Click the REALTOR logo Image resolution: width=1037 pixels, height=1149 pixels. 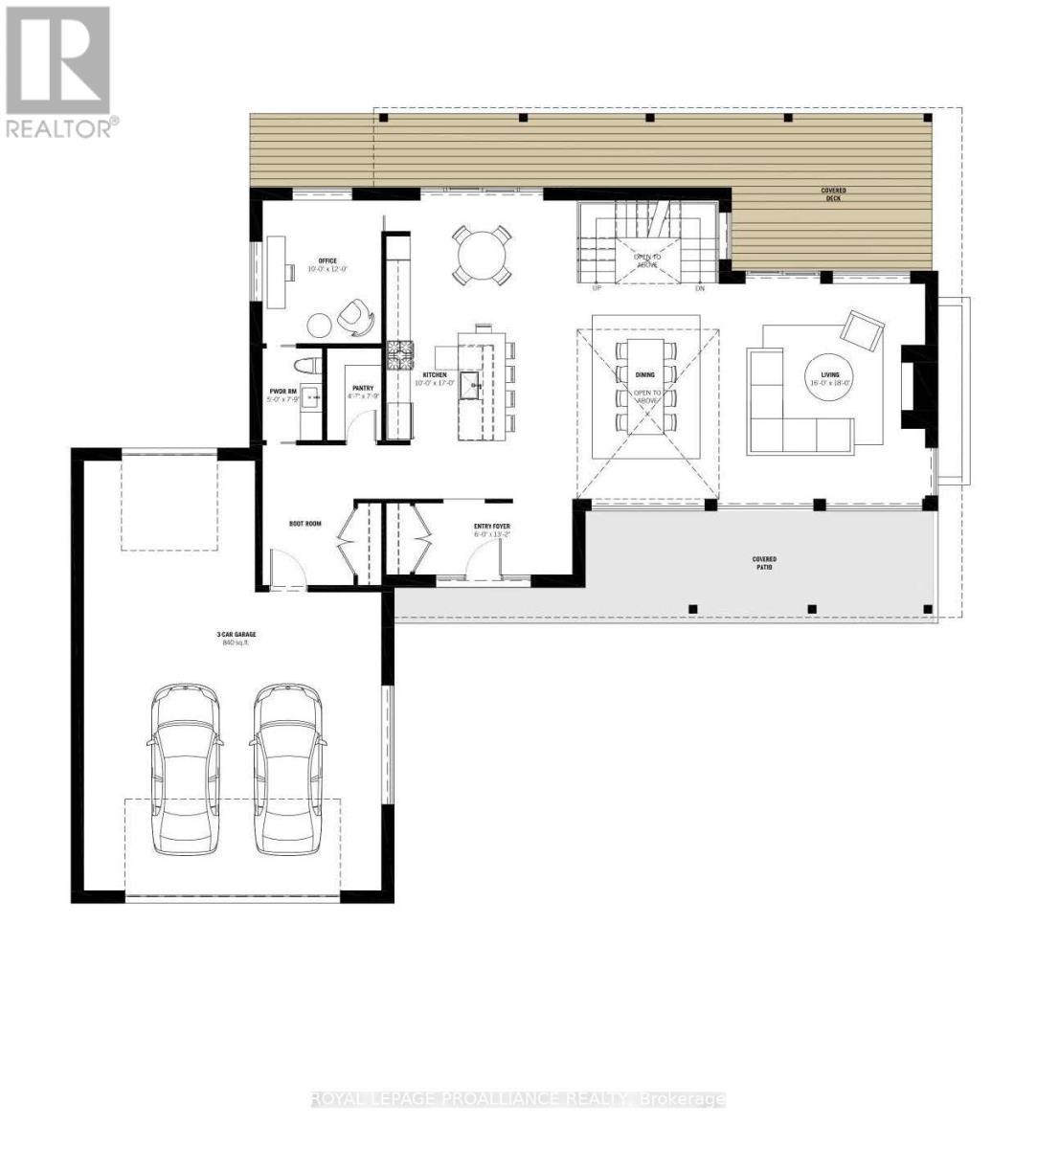pyautogui.click(x=59, y=72)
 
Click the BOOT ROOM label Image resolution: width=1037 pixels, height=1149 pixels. pyautogui.click(x=304, y=524)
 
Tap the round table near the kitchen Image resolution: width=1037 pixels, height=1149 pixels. pyautogui.click(x=483, y=255)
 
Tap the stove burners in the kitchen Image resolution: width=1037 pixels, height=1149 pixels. pyautogui.click(x=398, y=355)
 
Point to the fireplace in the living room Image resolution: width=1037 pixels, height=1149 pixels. pyautogui.click(x=912, y=388)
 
